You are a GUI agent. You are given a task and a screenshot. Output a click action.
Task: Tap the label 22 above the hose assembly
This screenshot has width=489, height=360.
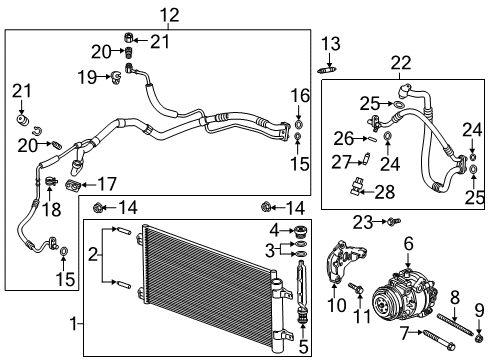[x=402, y=63]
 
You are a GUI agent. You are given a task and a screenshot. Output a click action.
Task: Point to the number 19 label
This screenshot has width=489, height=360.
[x=87, y=75]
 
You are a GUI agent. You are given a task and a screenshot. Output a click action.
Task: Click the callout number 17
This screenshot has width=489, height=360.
[x=105, y=183]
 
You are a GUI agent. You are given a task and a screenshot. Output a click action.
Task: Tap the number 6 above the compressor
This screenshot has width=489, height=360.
[x=408, y=243]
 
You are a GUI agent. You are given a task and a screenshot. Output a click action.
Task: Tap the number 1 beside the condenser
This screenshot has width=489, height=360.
[x=70, y=324]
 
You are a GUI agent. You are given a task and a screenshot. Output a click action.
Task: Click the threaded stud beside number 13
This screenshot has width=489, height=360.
[x=329, y=69]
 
